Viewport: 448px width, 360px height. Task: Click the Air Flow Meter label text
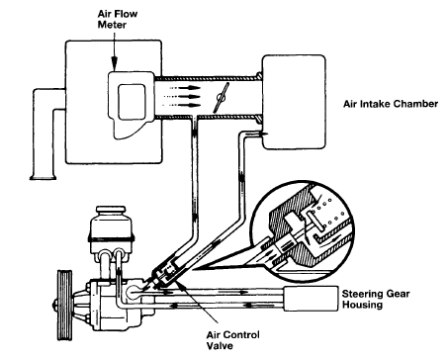point(118,19)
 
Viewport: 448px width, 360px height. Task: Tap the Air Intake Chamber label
point(391,104)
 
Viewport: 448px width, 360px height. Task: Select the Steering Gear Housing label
point(376,299)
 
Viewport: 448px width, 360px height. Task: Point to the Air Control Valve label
point(232,340)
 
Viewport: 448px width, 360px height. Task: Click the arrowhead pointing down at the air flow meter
point(114,62)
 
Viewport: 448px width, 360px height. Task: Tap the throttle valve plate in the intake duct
point(222,98)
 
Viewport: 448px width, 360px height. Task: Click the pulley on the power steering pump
point(65,305)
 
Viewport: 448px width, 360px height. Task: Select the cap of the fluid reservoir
point(111,212)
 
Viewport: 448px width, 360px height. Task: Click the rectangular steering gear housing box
point(311,299)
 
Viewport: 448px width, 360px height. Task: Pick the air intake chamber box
point(294,102)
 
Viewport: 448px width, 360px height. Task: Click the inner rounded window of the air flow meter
point(132,102)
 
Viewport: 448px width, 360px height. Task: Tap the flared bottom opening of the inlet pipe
point(43,178)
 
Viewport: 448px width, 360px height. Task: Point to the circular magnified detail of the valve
point(301,230)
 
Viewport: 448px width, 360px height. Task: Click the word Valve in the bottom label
point(220,345)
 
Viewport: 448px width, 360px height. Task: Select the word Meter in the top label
point(112,25)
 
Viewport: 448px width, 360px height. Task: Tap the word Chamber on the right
point(416,104)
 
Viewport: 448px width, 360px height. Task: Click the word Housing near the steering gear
point(362,305)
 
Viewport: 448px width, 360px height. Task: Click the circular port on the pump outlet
point(134,292)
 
